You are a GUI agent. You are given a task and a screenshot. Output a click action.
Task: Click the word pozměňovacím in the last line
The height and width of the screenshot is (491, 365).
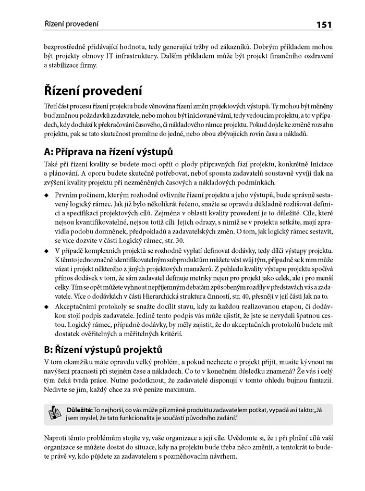click(186, 456)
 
